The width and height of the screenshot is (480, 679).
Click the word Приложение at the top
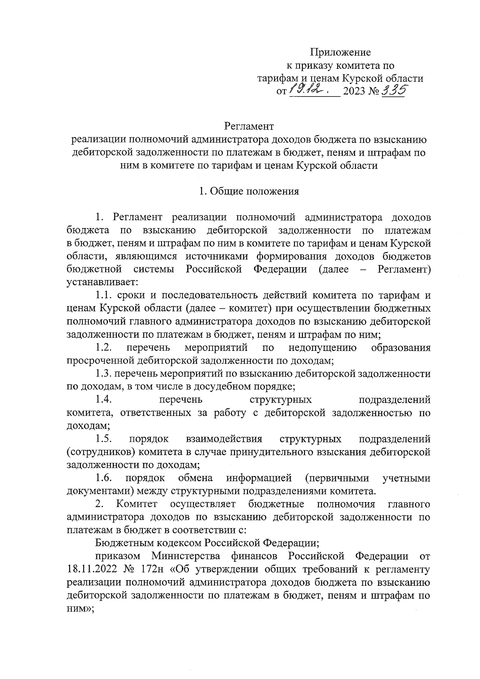click(x=340, y=52)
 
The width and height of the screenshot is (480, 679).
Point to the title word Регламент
click(x=249, y=126)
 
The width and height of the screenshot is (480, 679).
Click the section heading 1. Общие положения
click(x=249, y=191)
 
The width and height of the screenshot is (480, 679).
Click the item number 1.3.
click(x=104, y=374)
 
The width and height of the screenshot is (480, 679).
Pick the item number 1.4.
click(x=104, y=400)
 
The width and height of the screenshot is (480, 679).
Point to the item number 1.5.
click(x=104, y=439)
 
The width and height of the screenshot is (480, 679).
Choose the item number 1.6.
click(x=104, y=478)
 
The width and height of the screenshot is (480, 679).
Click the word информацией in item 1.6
click(x=259, y=478)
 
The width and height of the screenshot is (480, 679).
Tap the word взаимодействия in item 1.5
click(x=224, y=439)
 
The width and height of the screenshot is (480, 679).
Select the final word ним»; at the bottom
click(x=80, y=608)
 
